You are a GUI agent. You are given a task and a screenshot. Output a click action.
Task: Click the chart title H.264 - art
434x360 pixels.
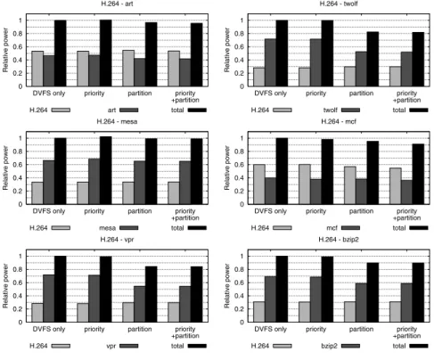click(x=117, y=4)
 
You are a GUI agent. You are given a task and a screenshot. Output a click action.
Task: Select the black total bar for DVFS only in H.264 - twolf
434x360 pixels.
click(x=282, y=53)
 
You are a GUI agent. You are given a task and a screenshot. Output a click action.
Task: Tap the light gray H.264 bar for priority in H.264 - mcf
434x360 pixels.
click(x=305, y=184)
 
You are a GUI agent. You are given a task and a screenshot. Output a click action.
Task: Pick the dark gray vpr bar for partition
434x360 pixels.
click(x=140, y=304)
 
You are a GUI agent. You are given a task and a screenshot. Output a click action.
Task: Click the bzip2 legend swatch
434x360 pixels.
click(x=350, y=346)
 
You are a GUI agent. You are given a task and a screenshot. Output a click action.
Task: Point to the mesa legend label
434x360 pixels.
click(x=107, y=228)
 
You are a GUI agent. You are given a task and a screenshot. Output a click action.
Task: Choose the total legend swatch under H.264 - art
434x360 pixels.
click(x=197, y=110)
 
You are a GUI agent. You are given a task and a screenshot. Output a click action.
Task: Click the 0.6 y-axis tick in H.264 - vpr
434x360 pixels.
click(x=19, y=282)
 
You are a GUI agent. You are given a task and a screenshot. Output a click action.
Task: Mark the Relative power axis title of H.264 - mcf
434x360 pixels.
click(x=227, y=168)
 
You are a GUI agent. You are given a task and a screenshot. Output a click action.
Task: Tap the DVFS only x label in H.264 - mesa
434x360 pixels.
click(x=49, y=211)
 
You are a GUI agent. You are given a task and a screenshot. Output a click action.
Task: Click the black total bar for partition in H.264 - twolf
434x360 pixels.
click(x=373, y=59)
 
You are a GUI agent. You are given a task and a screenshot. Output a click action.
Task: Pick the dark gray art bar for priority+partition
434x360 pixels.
click(x=185, y=72)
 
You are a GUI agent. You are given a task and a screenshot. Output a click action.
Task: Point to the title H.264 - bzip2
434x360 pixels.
click(x=339, y=240)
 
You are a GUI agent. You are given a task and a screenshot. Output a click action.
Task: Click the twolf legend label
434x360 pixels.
click(x=331, y=110)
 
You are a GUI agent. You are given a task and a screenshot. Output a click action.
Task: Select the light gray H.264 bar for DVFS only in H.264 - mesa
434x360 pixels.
click(x=37, y=193)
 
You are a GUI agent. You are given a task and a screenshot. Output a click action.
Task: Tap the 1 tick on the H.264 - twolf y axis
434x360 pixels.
click(x=242, y=20)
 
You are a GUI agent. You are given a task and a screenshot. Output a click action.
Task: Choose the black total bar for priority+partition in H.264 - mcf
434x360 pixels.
click(x=418, y=174)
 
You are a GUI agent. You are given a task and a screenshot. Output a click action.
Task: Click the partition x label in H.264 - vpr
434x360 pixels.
click(x=140, y=329)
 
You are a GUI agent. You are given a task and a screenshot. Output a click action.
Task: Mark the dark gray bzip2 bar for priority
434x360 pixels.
click(x=316, y=299)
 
